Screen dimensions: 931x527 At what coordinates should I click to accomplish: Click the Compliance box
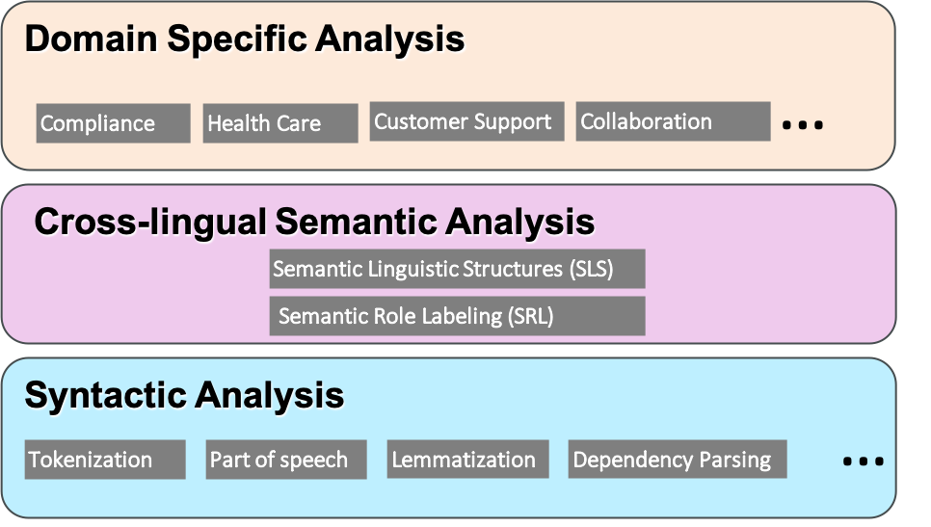coord(114,123)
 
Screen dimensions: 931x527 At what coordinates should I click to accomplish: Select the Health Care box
coord(280,123)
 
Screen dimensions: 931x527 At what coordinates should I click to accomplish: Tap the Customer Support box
coord(466,121)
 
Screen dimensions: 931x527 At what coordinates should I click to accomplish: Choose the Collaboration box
coord(674,121)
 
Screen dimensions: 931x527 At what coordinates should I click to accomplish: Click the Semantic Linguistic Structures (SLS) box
coord(457,269)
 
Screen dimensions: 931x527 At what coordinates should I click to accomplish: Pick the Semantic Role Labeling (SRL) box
coord(457,316)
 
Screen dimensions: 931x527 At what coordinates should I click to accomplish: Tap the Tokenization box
coord(105,460)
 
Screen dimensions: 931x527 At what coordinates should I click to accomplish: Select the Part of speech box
coord(286,460)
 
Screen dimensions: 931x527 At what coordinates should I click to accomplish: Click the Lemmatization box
coord(467,460)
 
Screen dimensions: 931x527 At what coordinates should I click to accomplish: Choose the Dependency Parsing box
coord(678,460)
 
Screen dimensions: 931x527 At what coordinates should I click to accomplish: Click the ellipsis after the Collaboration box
coord(803,124)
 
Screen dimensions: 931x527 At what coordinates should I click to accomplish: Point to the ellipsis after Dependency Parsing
coord(864,461)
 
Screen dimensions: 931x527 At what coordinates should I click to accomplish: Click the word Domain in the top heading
coord(91,39)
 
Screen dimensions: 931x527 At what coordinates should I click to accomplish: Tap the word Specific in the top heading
coord(236,40)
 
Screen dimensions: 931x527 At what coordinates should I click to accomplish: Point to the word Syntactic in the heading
coord(106,396)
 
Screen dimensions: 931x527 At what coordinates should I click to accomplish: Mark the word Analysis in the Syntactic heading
coord(270,396)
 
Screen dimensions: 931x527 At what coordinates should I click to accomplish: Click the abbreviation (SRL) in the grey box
coord(530,316)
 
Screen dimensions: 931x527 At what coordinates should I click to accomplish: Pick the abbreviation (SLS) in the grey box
coord(591,270)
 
